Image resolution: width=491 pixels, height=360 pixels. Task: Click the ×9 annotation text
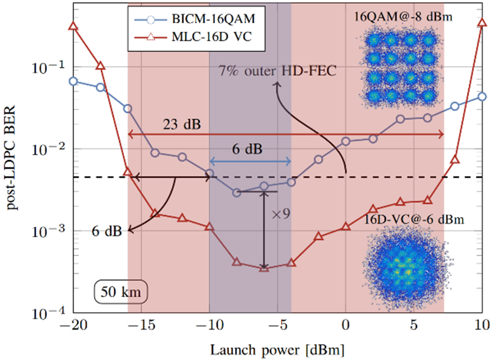[x=279, y=215]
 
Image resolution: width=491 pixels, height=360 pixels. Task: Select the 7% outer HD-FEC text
[x=278, y=72]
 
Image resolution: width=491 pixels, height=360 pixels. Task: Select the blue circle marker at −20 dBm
[x=73, y=81]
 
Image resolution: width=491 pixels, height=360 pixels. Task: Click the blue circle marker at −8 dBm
[x=237, y=193]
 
